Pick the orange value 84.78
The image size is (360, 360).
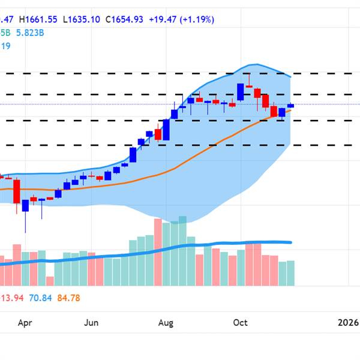(68, 298)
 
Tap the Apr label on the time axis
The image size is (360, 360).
(25, 323)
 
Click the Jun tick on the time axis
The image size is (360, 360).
(91, 323)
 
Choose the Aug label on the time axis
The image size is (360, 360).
(166, 323)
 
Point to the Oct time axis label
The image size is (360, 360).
(241, 323)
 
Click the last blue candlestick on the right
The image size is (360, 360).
(290, 106)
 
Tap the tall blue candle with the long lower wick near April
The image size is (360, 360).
(26, 205)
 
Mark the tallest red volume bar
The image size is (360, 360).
(158, 252)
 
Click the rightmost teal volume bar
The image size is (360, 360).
(290, 272)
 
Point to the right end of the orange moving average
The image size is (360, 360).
(290, 110)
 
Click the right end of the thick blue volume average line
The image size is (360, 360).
(291, 242)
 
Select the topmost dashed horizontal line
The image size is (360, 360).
(180, 73)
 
